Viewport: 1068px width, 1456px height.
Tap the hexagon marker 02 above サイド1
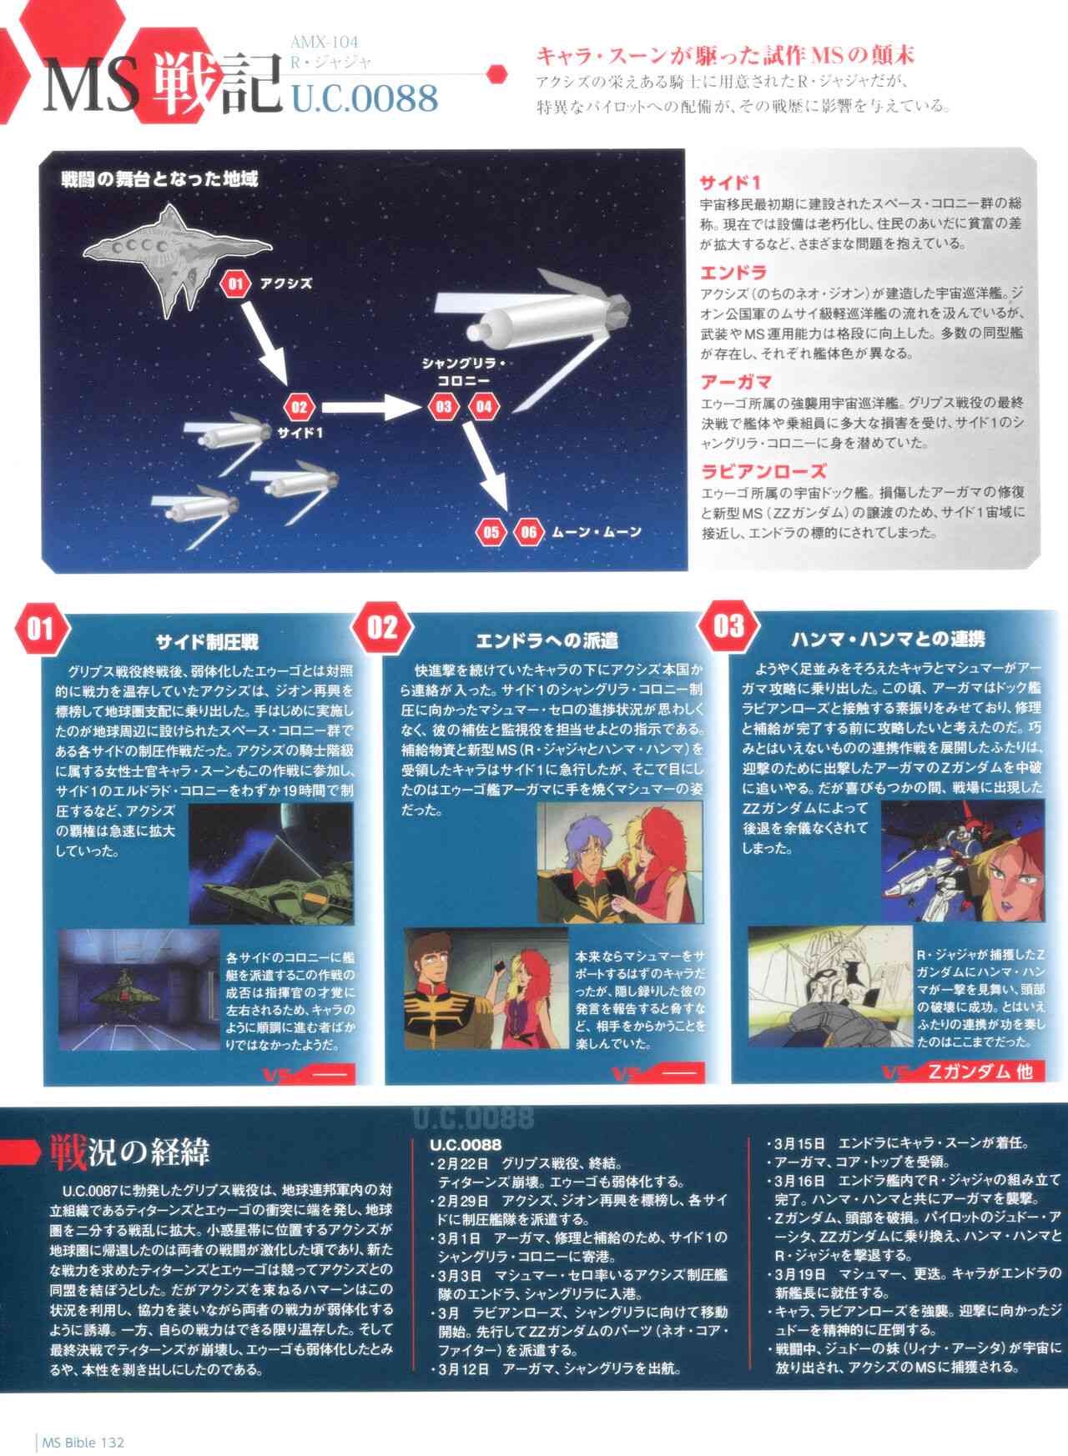299,408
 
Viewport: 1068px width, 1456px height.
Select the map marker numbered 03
444,407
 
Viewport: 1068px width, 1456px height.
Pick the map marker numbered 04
484,407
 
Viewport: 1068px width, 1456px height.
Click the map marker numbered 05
491,532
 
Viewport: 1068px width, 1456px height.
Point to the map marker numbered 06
528,532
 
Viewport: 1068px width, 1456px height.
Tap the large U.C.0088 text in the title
365,98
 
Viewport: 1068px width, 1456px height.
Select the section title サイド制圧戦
207,641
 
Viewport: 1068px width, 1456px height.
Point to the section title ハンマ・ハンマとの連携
888,639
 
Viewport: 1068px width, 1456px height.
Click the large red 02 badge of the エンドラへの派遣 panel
382,627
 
